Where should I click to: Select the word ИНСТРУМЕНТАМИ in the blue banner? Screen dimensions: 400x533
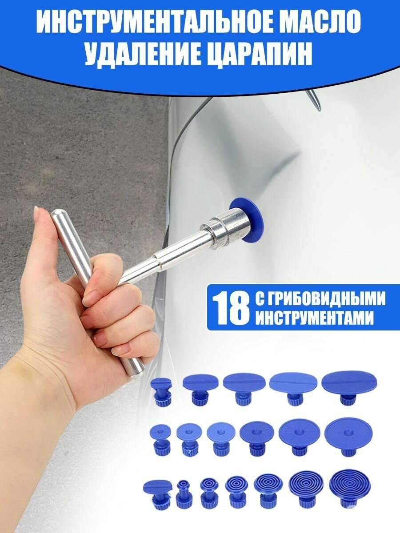click(315, 319)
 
